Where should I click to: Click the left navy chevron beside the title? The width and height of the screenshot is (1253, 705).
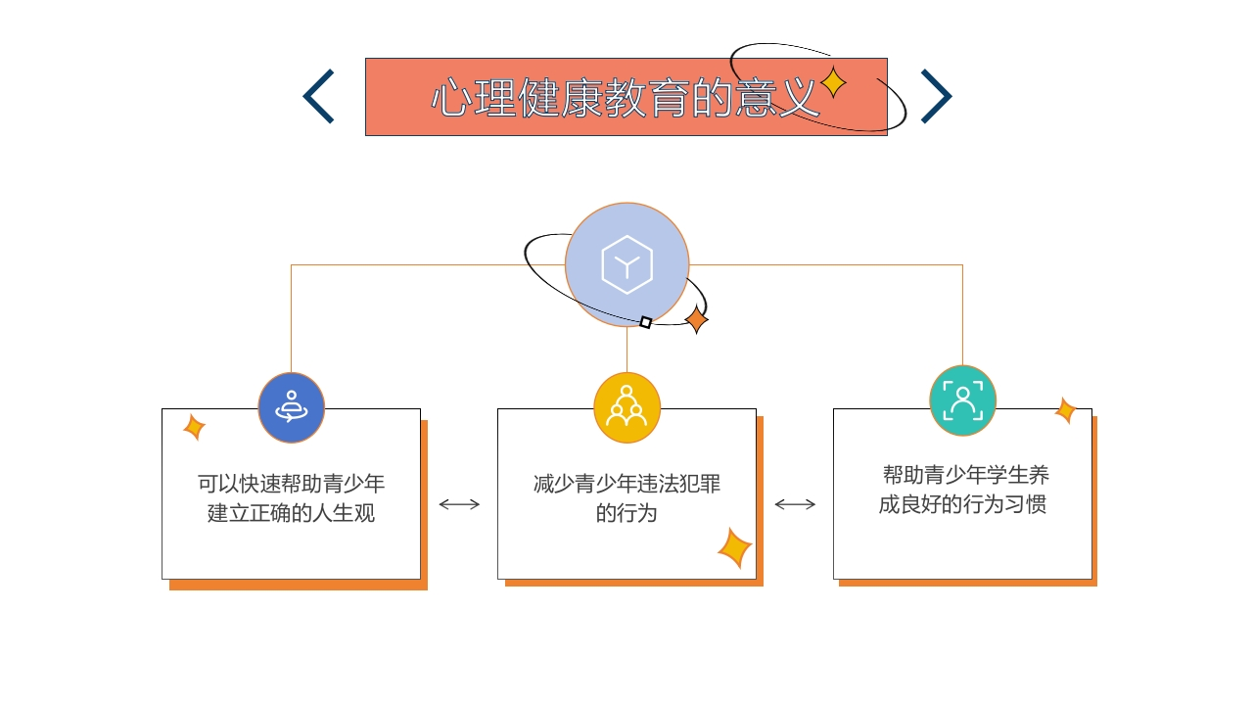319,96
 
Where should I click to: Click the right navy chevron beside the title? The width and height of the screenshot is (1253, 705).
936,96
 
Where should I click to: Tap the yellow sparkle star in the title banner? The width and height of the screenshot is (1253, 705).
833,82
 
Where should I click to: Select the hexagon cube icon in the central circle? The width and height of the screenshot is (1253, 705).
626,264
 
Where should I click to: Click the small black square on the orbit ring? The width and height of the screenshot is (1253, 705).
646,322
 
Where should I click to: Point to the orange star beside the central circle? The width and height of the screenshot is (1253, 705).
696,319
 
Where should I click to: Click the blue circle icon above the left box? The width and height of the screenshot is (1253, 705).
291,407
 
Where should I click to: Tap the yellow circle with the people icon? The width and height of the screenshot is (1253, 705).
626,407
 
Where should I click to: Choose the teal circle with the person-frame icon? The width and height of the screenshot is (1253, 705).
962,400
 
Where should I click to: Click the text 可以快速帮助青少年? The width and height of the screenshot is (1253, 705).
291,484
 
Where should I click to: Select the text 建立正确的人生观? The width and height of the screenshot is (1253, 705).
291,513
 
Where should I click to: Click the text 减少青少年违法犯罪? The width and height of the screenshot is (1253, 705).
626,484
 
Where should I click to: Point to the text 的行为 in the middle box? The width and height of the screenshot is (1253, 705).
626,513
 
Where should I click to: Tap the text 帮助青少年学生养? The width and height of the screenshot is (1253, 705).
965,476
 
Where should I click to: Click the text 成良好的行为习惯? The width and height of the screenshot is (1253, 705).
962,505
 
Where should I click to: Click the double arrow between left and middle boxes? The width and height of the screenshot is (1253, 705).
459,504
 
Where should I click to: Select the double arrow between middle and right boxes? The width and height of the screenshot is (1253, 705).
795,504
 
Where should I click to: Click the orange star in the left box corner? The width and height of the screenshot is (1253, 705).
194,427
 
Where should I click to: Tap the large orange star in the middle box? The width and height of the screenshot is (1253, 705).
734,548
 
